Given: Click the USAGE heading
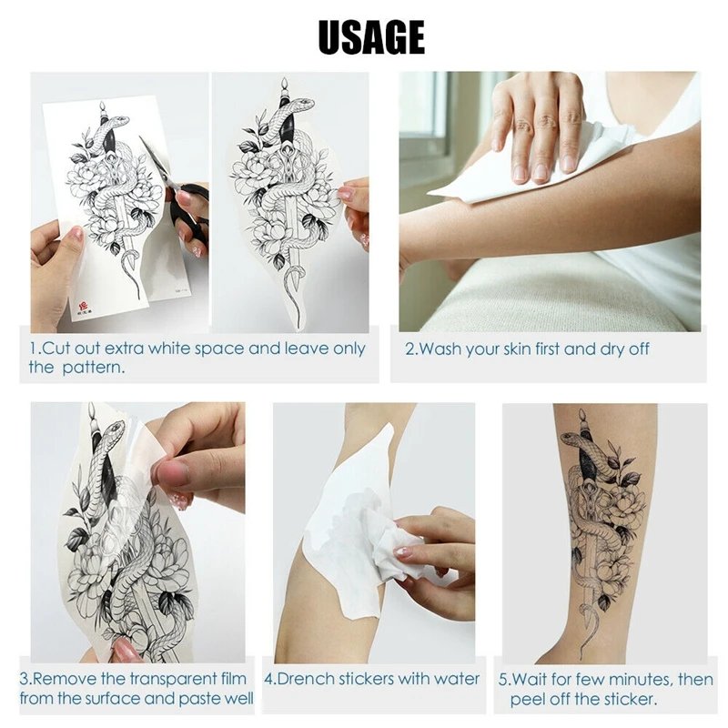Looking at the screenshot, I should [371, 37].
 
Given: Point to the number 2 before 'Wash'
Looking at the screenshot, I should [409, 349].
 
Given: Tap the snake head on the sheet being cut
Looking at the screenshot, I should [107, 120].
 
